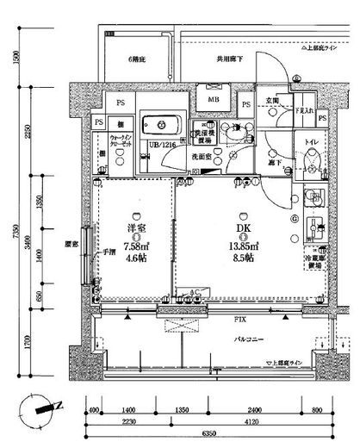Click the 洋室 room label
click(132, 228)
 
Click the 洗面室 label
click(203, 158)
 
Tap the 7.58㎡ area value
click(132, 244)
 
